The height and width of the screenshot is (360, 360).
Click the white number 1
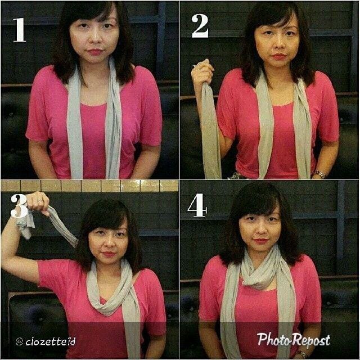[x=20, y=30]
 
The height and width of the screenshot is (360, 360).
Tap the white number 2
[x=200, y=26]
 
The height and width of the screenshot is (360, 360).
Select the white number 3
[x=19, y=206]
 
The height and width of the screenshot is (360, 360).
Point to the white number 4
[x=197, y=205]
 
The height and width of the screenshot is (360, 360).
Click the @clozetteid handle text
[x=46, y=341]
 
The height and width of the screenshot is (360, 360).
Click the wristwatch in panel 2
[x=319, y=174]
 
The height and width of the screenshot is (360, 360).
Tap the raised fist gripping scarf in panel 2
[x=202, y=72]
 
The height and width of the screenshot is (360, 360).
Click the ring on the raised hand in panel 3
[x=40, y=201]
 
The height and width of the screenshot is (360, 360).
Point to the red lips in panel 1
[x=96, y=52]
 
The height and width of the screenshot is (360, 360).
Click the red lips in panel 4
[x=261, y=241]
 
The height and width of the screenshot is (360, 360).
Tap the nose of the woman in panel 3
[x=108, y=244]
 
